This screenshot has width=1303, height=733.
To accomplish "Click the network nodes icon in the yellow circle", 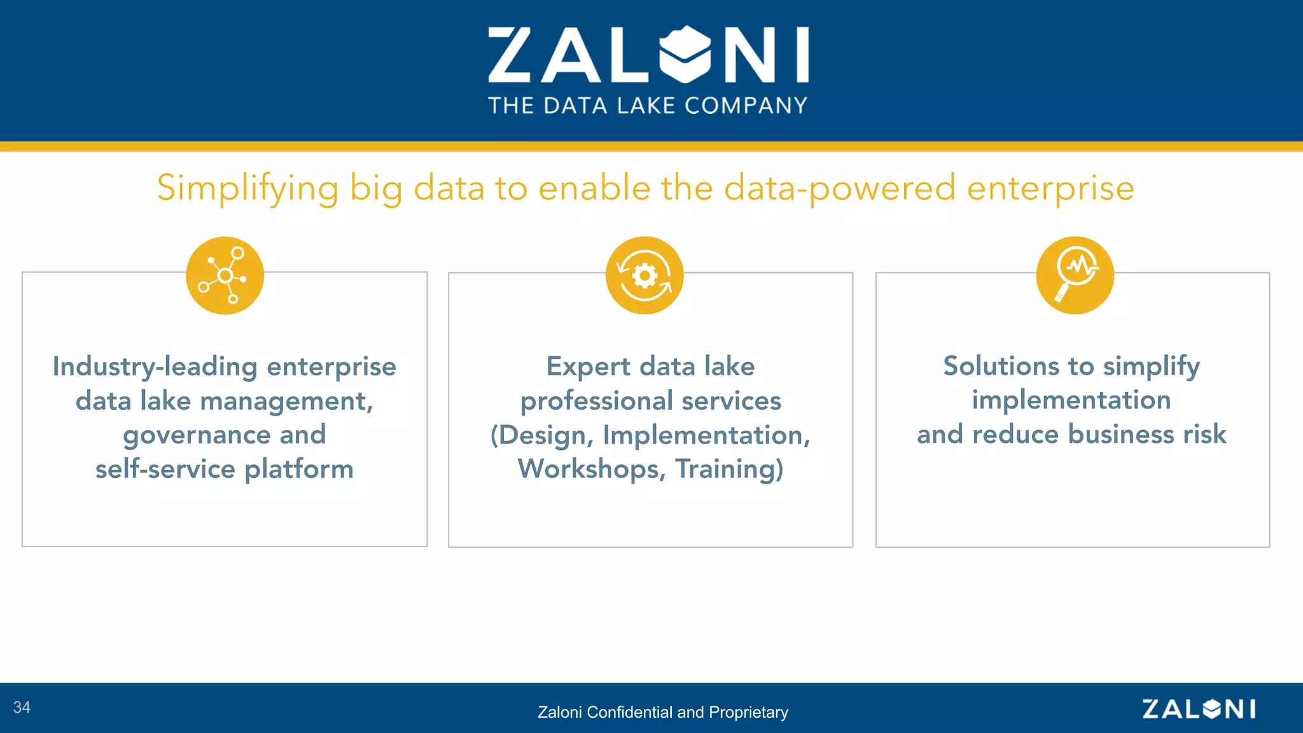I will tap(225, 276).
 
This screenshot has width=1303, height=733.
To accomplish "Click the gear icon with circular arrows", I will tap(645, 276).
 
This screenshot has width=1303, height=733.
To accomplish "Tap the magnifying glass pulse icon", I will tap(1075, 276).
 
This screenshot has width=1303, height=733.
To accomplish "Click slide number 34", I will tap(22, 708).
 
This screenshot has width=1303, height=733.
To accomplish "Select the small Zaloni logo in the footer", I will tap(1199, 709).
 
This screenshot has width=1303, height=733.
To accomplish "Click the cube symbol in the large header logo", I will tap(685, 55).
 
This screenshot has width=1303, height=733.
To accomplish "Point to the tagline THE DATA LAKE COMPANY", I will tap(648, 106).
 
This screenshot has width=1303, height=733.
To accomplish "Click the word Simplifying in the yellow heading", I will tap(247, 188).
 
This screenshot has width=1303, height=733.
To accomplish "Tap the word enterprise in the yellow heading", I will tap(1050, 188).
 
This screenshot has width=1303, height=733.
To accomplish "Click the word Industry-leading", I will tap(155, 366).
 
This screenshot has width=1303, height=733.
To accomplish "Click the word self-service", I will tap(165, 470).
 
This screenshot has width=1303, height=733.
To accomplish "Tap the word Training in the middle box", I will tap(729, 470).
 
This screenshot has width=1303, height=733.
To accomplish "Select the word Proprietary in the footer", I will tap(748, 712).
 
